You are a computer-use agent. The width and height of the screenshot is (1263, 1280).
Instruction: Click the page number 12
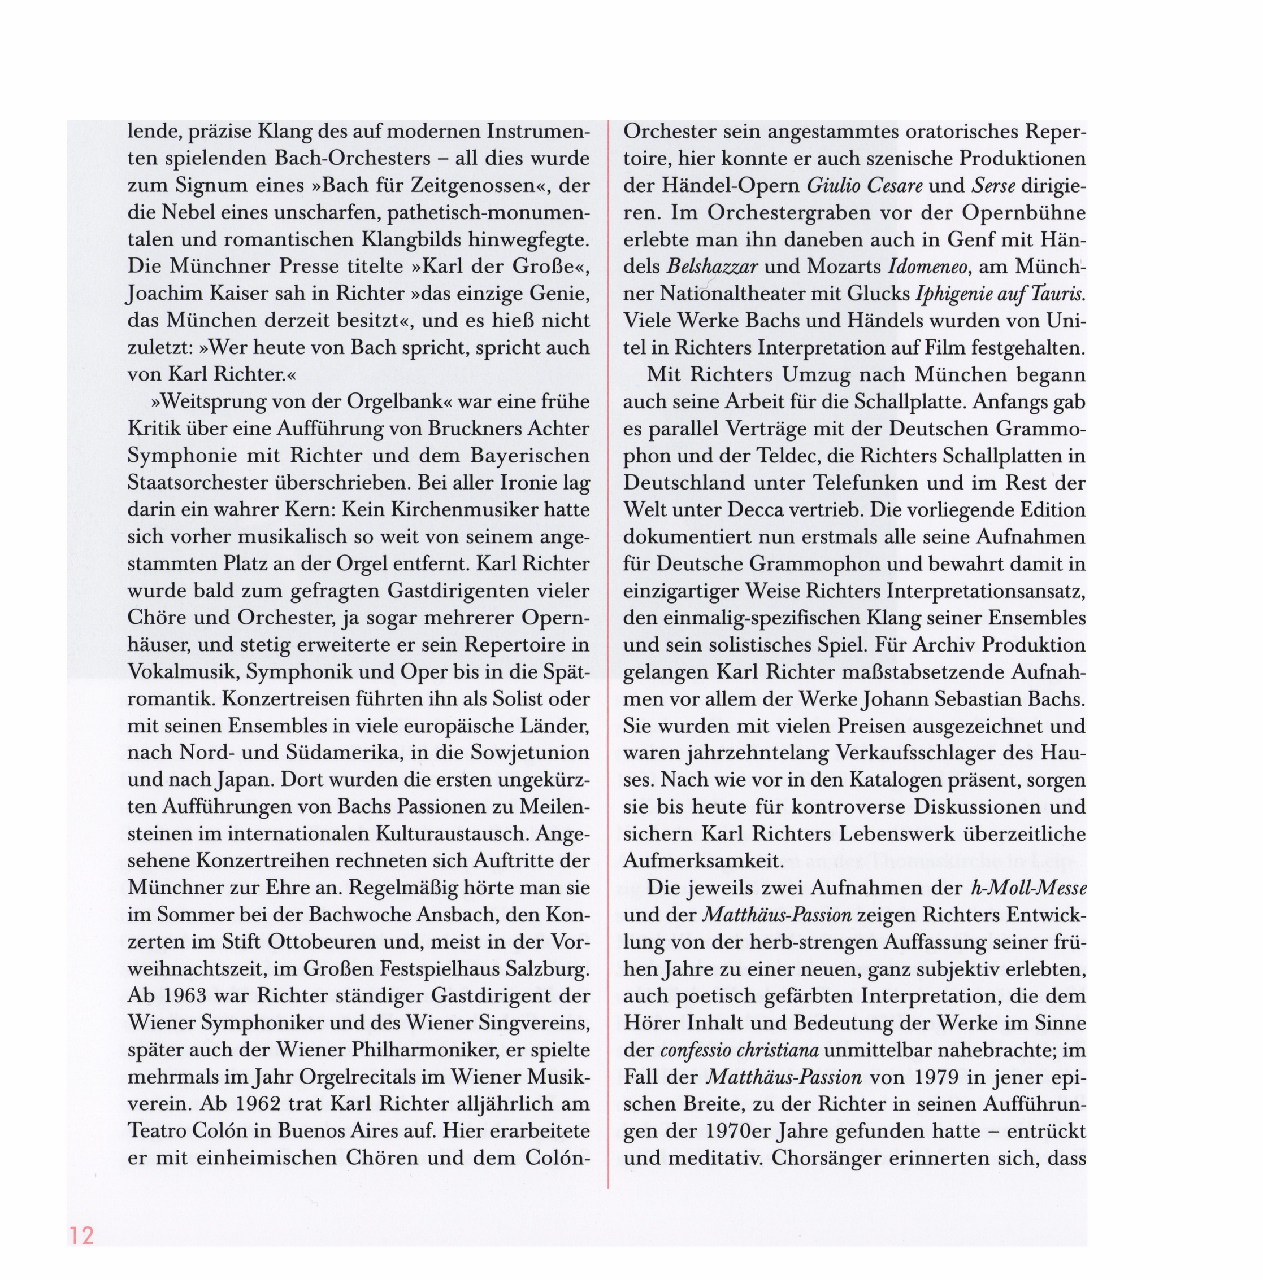(x=81, y=1235)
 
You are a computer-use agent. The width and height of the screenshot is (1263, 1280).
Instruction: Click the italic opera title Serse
(x=993, y=186)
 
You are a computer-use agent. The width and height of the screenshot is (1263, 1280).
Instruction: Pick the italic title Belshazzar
(x=712, y=267)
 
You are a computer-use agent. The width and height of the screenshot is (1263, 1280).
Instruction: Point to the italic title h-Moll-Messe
(x=1028, y=888)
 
